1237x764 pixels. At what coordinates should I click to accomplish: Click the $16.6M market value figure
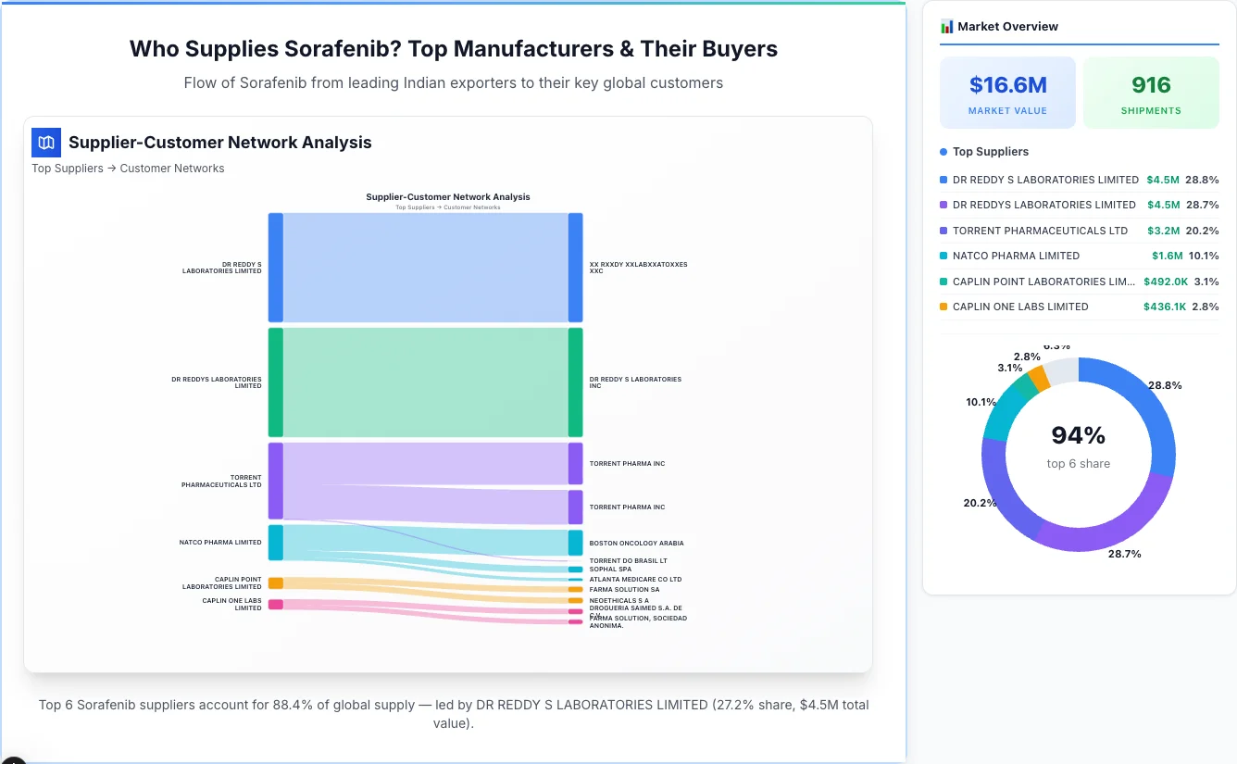1007,85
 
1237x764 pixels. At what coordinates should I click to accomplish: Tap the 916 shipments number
1151,85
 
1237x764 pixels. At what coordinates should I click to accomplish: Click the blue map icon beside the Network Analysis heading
46,143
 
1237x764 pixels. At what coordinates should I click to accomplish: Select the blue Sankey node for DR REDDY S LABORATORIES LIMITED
275,268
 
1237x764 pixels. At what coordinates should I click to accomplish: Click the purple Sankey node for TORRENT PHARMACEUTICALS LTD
275,481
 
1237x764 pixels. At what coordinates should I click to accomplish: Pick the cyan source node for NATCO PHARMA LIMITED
275,543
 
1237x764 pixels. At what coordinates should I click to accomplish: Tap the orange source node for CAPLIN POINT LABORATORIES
275,583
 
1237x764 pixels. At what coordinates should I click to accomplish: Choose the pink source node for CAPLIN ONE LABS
275,605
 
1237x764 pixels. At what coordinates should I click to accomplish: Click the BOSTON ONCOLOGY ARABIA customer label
636,544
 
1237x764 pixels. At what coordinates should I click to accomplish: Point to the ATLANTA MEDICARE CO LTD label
635,580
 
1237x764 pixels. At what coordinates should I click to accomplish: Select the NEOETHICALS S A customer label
618,600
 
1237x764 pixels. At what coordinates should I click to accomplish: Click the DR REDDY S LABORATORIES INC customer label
635,382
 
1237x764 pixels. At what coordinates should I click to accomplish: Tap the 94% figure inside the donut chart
1078,435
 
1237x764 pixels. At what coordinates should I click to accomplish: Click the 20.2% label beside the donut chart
980,504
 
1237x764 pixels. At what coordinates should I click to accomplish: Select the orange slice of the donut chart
1039,378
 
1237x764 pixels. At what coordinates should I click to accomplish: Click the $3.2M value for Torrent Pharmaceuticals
1163,231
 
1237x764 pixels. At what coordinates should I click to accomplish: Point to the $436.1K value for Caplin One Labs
1165,307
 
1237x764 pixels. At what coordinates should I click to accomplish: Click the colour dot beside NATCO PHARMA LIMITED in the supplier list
943,256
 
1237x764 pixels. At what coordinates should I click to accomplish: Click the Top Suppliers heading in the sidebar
990,152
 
